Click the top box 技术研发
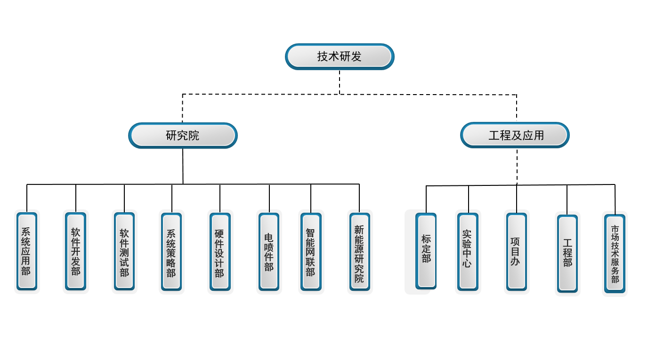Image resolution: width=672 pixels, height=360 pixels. (x=340, y=56)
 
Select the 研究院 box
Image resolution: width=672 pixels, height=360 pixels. (x=183, y=136)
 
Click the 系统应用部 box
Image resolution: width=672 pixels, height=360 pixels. (x=26, y=251)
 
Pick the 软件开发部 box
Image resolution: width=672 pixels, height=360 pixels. (x=75, y=251)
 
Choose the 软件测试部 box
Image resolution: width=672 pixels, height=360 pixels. (x=124, y=251)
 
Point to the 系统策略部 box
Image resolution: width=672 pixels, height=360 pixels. (x=171, y=251)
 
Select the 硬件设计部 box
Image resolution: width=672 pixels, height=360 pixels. (x=219, y=251)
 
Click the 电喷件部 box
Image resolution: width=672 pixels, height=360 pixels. (x=269, y=251)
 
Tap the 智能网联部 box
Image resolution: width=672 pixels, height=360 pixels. (x=310, y=251)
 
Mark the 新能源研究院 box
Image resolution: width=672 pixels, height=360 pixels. (x=359, y=251)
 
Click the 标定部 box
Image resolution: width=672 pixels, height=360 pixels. (x=426, y=251)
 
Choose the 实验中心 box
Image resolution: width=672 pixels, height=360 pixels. (x=467, y=251)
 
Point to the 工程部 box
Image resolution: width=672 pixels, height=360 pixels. (x=567, y=253)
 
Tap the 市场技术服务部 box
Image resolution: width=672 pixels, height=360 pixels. (x=615, y=254)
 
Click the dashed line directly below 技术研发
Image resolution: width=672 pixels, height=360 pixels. (x=340, y=82)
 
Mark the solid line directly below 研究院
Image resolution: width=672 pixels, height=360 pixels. (x=183, y=166)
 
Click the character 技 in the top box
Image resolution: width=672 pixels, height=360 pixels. (x=323, y=56)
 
